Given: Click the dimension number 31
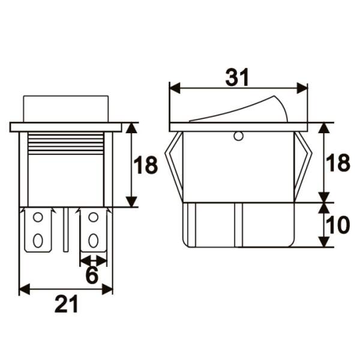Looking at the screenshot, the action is pyautogui.click(x=237, y=77).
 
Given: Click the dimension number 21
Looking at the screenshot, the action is pyautogui.click(x=67, y=304).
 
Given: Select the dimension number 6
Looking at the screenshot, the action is pyautogui.click(x=92, y=275).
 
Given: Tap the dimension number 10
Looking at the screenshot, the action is pyautogui.click(x=337, y=226).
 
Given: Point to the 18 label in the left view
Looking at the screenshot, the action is pyautogui.click(x=146, y=165).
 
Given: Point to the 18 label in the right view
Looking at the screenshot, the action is pyautogui.click(x=338, y=163).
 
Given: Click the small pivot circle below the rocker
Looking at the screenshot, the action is pyautogui.click(x=238, y=136).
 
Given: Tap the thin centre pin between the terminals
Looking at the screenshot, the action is pyautogui.click(x=66, y=230).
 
